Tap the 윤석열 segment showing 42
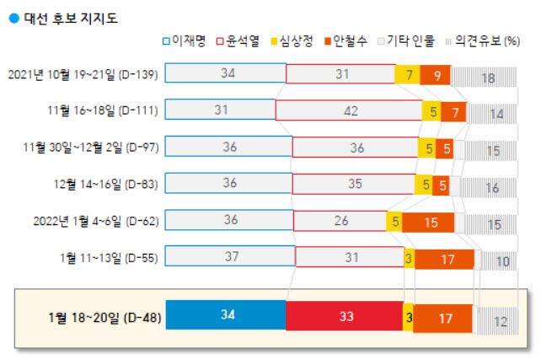[349, 110]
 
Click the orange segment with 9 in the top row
[435, 74]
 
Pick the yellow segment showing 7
[407, 74]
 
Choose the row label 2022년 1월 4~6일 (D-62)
[94, 222]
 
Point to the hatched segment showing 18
[488, 77]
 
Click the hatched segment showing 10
[502, 261]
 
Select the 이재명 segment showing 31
[220, 110]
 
